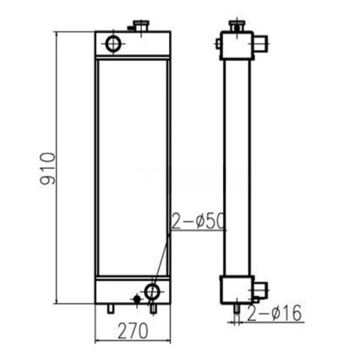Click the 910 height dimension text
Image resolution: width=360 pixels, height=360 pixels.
(x=48, y=168)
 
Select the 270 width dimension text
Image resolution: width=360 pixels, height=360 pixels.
(x=133, y=328)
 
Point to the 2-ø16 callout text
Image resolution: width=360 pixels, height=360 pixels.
(x=274, y=313)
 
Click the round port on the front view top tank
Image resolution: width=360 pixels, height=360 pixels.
(x=113, y=44)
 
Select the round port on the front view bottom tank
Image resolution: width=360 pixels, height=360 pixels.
(x=152, y=292)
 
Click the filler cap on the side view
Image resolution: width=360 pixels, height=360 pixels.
(x=236, y=25)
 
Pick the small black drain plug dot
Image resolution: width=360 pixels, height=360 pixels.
(x=137, y=299)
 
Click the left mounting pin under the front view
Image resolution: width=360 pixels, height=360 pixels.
(x=110, y=308)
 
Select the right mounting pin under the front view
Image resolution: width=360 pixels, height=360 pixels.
(x=152, y=309)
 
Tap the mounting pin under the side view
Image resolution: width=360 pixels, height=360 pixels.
(x=236, y=309)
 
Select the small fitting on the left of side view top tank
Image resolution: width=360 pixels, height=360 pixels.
(x=219, y=44)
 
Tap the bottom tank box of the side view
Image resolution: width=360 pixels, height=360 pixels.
(x=236, y=290)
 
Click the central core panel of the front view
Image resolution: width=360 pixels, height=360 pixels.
(x=132, y=167)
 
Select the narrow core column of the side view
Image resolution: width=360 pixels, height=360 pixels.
(x=237, y=167)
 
